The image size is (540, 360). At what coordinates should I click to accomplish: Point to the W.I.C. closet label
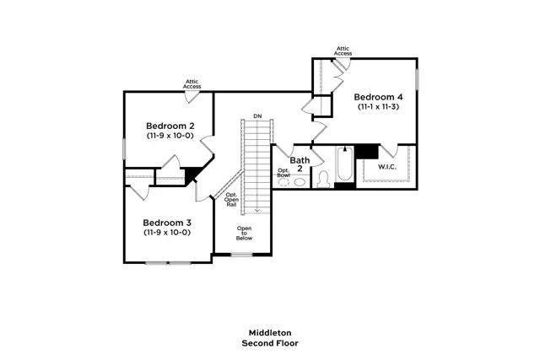click(x=386, y=166)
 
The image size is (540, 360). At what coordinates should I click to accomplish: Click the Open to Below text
click(x=244, y=233)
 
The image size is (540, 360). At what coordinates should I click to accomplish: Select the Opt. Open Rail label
click(x=231, y=201)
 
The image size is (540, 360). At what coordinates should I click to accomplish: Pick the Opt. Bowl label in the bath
click(x=283, y=173)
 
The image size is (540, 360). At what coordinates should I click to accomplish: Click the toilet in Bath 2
click(x=322, y=180)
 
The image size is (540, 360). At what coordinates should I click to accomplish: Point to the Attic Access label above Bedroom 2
click(x=192, y=83)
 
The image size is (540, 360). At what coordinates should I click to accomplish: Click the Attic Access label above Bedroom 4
click(x=343, y=51)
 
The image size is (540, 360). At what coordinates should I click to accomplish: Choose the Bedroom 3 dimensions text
click(x=166, y=232)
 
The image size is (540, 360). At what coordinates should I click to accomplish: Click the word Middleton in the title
click(x=269, y=333)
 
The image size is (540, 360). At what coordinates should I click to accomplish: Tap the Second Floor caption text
click(x=269, y=343)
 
